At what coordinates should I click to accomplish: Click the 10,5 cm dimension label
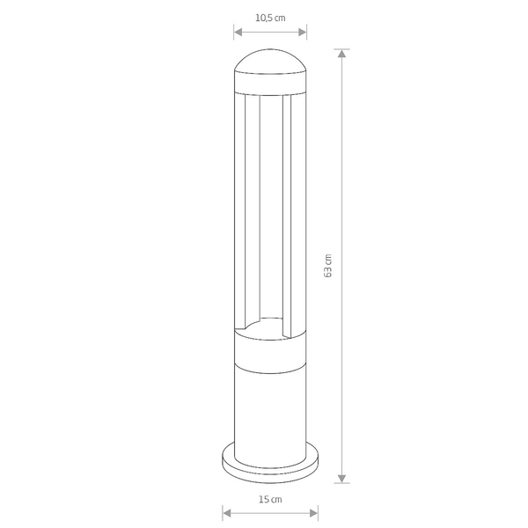tap(270, 18)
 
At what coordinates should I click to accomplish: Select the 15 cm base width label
tap(270, 499)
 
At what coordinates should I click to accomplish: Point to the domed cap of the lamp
tap(270, 66)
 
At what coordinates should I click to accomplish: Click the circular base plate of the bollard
tap(270, 466)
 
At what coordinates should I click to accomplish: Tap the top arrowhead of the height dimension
tap(343, 53)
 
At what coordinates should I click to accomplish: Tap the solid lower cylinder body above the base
tap(270, 405)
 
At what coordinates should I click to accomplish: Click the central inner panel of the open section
tap(270, 211)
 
